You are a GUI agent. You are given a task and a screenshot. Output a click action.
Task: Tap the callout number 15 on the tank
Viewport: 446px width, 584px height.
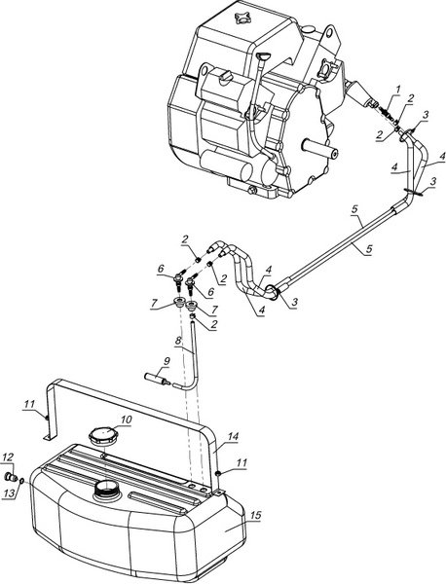(x=255, y=516)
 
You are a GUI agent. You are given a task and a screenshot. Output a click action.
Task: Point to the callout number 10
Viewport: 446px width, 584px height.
(x=127, y=420)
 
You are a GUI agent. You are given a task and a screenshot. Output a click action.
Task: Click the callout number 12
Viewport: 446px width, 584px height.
(x=8, y=457)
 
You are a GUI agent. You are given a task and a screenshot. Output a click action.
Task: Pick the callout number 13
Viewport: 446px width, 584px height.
(x=10, y=493)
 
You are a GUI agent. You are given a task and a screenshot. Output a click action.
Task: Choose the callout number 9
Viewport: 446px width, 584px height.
(x=167, y=360)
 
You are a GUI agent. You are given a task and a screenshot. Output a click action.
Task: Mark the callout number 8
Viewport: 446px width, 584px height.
(x=178, y=340)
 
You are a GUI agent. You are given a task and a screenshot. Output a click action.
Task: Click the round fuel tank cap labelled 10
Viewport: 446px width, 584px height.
(x=102, y=435)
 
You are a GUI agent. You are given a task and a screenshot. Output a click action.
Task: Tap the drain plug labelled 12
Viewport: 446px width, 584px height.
(x=11, y=477)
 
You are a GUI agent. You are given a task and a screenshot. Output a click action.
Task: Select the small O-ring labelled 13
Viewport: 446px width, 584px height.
(x=21, y=481)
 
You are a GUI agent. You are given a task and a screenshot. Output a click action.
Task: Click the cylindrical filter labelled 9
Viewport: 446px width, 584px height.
(x=157, y=379)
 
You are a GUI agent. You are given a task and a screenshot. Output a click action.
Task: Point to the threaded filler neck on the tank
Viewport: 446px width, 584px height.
(x=106, y=492)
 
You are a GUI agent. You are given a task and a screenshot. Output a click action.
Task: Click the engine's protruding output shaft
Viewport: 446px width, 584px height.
(x=320, y=147)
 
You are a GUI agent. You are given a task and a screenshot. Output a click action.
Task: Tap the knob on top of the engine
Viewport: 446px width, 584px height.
(x=242, y=19)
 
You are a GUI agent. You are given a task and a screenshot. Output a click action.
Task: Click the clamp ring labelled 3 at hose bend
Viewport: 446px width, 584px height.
(x=273, y=293)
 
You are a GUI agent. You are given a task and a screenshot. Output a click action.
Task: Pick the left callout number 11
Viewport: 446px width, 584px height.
(x=30, y=404)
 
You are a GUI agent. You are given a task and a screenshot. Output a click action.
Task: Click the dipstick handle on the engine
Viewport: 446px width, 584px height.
(x=263, y=56)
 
